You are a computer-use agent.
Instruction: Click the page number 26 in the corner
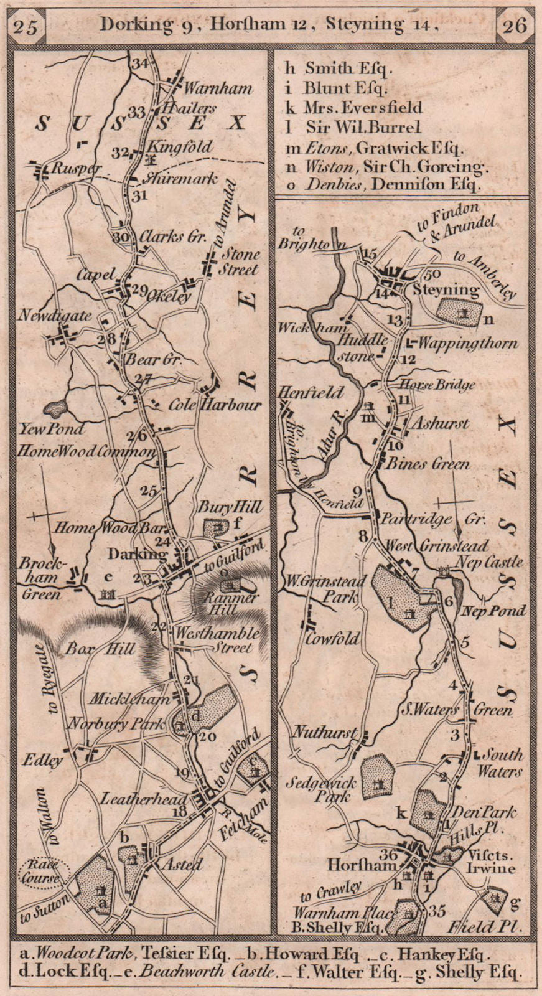514,26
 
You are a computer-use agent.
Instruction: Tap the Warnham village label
213,88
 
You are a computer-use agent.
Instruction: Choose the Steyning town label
443,289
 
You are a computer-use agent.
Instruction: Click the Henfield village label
311,392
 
